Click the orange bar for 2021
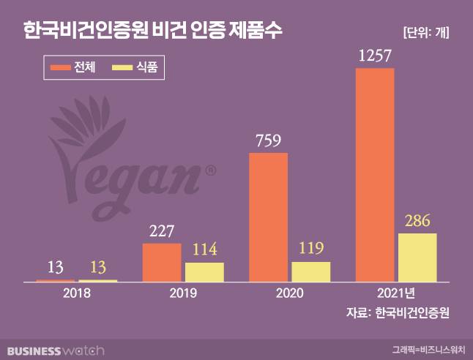click(x=375, y=175)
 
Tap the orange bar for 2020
click(x=269, y=217)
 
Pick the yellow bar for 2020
click(x=311, y=271)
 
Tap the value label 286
click(x=417, y=220)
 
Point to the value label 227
click(x=162, y=231)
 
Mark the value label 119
click(x=311, y=249)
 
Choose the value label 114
click(x=204, y=250)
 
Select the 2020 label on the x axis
click(x=290, y=294)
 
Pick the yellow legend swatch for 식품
click(x=121, y=68)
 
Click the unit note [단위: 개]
click(x=426, y=31)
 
